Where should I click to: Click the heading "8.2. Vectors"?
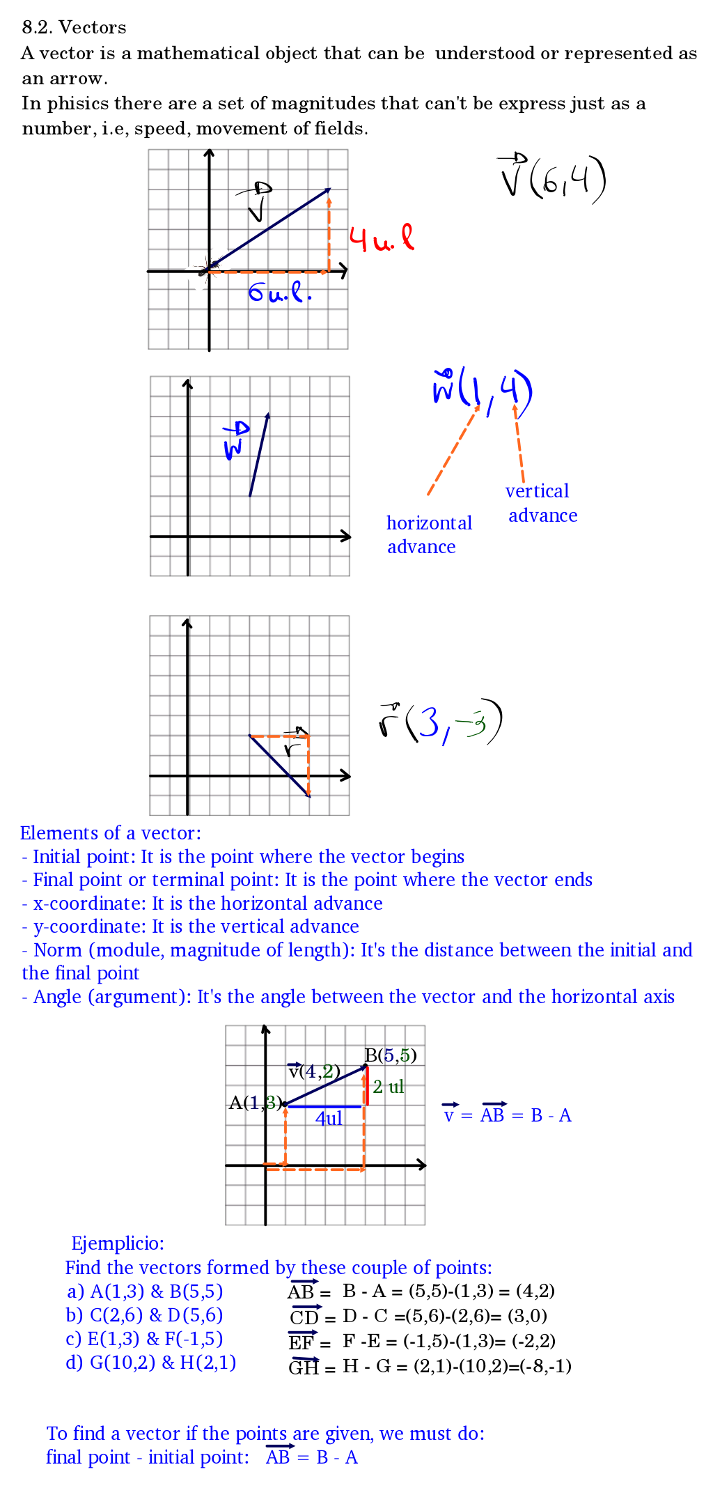(74, 27)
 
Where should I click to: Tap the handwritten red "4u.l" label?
(381, 239)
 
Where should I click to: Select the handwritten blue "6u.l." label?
(279, 293)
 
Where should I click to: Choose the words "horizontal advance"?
(428, 534)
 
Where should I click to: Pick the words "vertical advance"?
(541, 503)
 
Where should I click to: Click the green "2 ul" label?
(388, 1087)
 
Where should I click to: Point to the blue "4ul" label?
(329, 1119)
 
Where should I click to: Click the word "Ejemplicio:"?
(118, 1243)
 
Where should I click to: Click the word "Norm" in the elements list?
(58, 950)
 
